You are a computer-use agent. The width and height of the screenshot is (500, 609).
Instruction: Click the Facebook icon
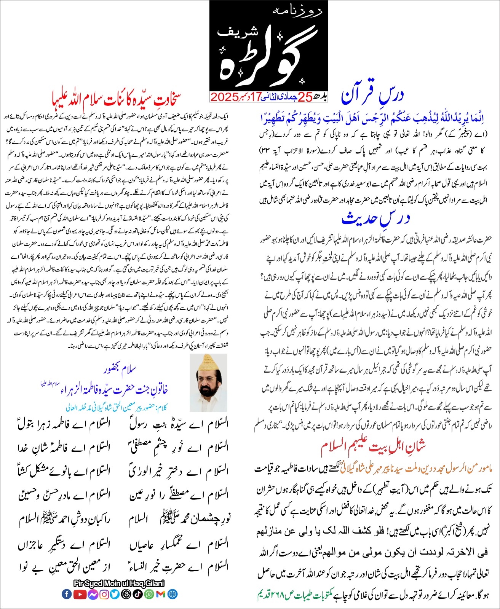point(67,594)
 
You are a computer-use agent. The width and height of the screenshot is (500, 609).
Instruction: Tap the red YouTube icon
point(80,594)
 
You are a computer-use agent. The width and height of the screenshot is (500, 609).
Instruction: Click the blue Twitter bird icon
point(115,594)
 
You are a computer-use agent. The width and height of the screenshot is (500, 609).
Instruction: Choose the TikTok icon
point(138,594)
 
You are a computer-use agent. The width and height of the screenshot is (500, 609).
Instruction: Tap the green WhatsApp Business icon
point(149,594)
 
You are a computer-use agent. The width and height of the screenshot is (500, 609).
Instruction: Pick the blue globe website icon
point(172,594)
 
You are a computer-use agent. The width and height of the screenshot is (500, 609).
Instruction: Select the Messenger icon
point(93,594)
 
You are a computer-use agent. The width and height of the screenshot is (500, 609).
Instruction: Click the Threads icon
point(126,594)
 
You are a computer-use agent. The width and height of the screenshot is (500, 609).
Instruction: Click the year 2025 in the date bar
point(225,97)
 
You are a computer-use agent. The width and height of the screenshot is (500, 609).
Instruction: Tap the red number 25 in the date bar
point(305,97)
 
